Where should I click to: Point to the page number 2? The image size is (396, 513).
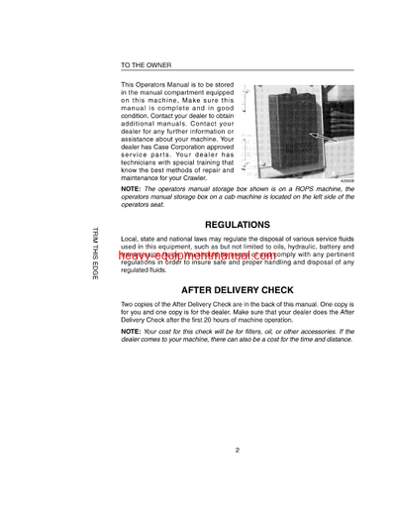click(239, 450)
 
